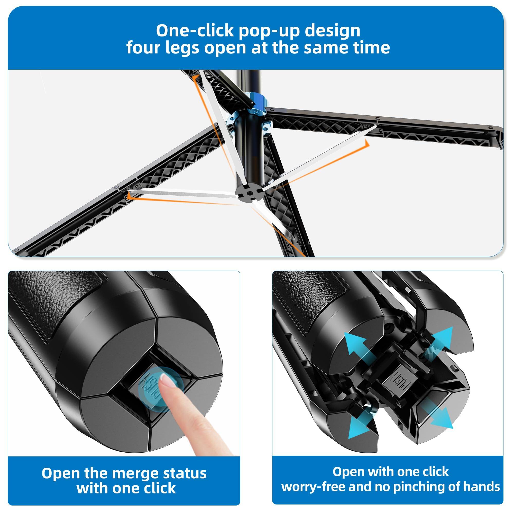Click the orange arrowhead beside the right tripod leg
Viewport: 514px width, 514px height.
367,144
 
